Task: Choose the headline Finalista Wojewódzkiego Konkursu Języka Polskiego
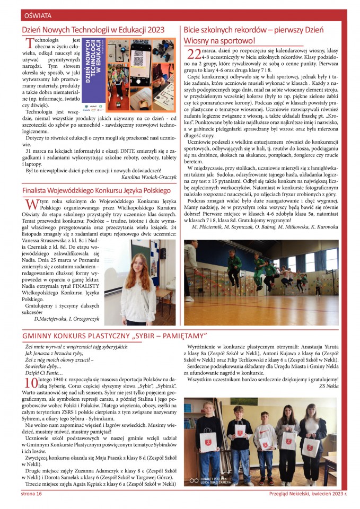(96, 190)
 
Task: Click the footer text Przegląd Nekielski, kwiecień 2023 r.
(308, 494)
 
